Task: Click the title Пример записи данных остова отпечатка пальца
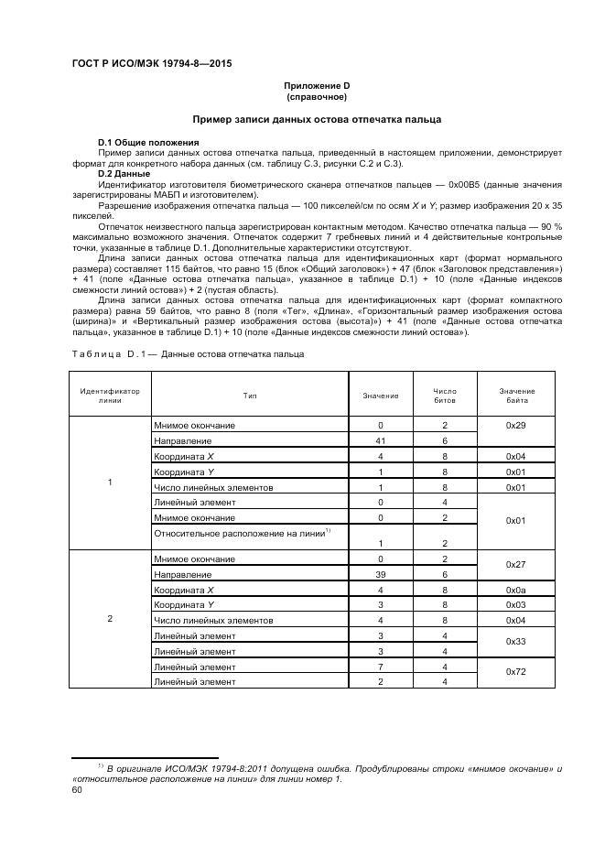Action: pos(316,119)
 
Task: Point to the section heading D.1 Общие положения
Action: pos(148,143)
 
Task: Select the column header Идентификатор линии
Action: pos(110,396)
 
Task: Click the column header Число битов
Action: pos(444,396)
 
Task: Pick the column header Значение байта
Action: pos(517,396)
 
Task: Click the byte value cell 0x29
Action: pos(517,426)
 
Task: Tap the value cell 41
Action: pos(380,440)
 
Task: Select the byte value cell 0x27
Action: pos(517,567)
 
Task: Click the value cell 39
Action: pos(380,574)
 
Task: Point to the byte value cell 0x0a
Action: pos(517,590)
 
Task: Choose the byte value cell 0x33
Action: pos(517,644)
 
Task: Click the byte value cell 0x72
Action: pos(517,673)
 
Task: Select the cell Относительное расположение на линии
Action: pos(243,533)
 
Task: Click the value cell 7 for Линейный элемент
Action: pos(380,667)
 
